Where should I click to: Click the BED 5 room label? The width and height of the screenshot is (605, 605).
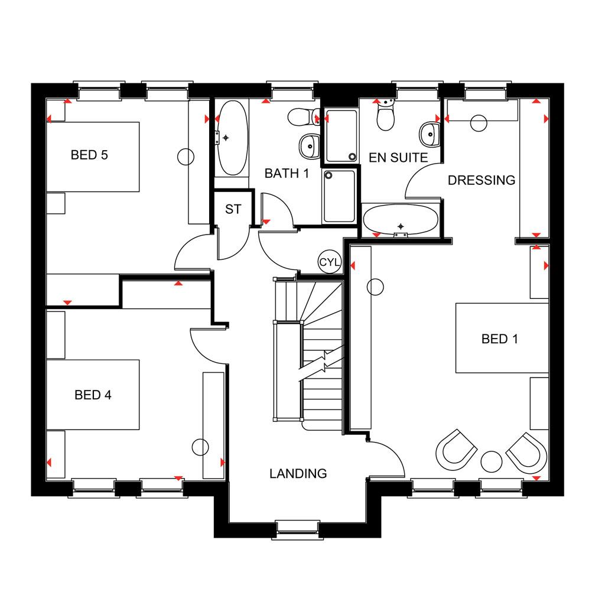(x=89, y=155)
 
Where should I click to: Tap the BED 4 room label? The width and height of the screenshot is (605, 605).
(x=93, y=395)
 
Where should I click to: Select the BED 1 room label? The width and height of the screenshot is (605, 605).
(x=500, y=339)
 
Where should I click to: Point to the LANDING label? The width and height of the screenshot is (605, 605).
(x=298, y=473)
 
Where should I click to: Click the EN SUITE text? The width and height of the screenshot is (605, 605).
(x=398, y=158)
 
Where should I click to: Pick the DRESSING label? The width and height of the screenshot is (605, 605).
(x=482, y=180)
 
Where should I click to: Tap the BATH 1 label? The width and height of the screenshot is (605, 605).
(x=287, y=174)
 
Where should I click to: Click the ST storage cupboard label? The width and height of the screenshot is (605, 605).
(x=233, y=209)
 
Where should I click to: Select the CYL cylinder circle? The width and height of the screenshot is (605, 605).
(x=330, y=262)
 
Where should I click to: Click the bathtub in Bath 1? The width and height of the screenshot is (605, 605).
(x=232, y=138)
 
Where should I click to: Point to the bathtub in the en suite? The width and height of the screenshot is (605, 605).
(x=401, y=220)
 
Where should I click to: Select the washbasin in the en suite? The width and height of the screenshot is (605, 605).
(x=430, y=134)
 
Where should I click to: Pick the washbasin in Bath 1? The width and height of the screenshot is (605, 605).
(x=310, y=147)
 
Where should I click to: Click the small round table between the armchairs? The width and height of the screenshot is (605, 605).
(x=491, y=461)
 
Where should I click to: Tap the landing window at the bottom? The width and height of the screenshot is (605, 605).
(x=298, y=529)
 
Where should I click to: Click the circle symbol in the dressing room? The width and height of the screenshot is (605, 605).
(x=479, y=123)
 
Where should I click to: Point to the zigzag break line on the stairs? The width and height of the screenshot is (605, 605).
(x=321, y=365)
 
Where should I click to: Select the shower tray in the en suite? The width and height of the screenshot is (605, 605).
(x=341, y=135)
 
